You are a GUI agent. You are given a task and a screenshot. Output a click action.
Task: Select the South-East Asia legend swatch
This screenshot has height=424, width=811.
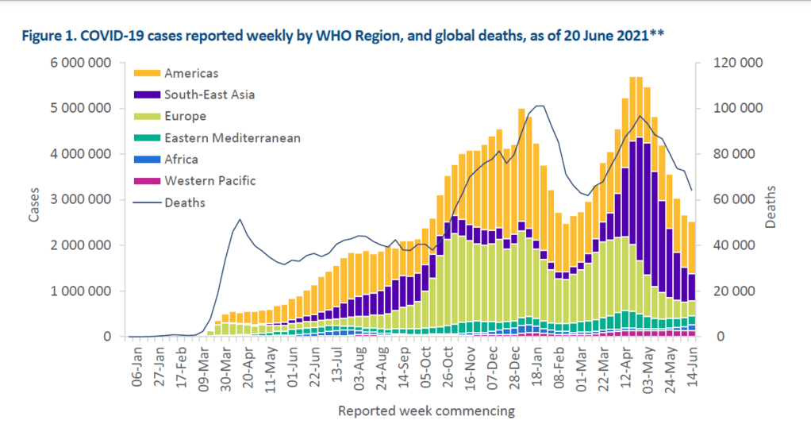pos(148,95)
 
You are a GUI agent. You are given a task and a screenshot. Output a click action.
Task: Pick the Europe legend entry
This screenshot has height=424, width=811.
pos(183,117)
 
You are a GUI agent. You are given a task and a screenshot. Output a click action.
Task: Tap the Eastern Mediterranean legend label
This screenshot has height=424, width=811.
pos(232,138)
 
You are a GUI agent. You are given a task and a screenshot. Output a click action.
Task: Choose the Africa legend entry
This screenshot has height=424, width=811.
pos(181,160)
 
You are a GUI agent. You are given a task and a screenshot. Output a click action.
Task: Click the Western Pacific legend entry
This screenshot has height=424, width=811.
pos(209,181)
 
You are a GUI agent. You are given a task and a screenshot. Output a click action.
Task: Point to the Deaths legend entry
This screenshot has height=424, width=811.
pos(184,202)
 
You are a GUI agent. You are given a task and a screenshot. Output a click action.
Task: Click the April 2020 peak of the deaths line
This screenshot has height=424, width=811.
pos(240,219)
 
